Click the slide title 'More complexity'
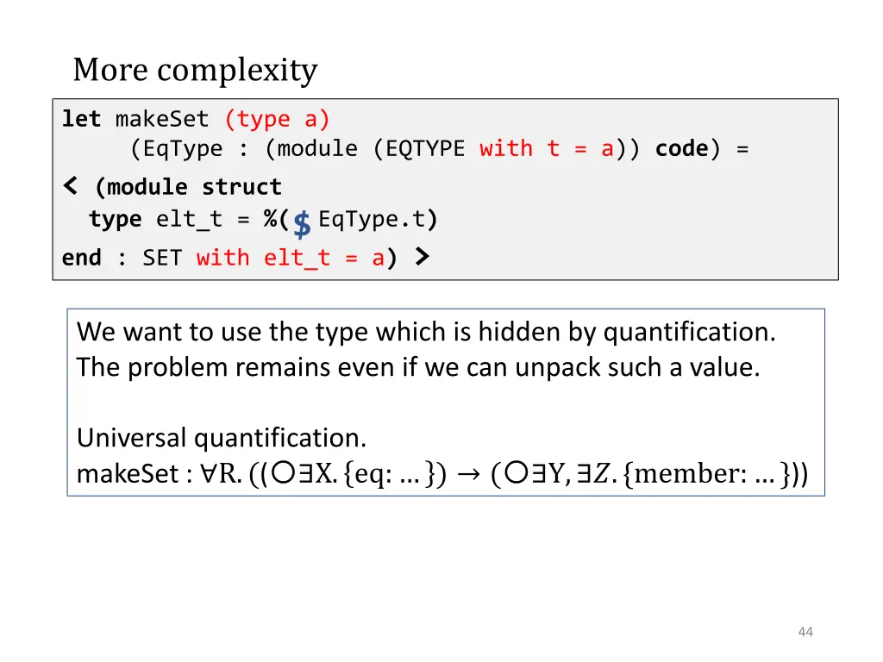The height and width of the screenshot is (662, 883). point(195,70)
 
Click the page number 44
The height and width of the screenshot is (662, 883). point(805,632)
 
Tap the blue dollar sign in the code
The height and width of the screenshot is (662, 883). point(302,225)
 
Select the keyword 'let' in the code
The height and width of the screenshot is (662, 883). point(81,119)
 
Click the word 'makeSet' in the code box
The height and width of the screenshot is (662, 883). point(162,119)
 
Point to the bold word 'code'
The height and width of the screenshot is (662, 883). point(681,149)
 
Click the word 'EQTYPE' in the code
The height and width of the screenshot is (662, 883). point(425,149)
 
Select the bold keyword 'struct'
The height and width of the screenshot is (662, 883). point(241,187)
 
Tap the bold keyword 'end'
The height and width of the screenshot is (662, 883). point(81,258)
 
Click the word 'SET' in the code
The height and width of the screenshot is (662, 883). point(162,258)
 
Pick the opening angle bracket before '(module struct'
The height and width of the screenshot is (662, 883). point(71,185)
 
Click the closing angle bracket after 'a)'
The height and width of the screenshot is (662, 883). point(421,256)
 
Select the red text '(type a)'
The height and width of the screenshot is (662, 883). point(278,119)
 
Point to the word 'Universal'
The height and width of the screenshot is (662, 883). point(132,439)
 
